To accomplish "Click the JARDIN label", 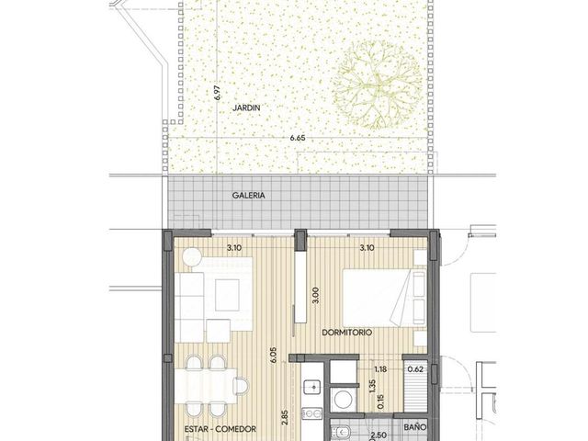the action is pos(246,108).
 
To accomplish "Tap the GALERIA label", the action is pos(248,196).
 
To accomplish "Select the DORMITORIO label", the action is pos(347,333).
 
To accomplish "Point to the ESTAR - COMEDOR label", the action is pos(220,429).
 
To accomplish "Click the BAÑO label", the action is pos(415,427).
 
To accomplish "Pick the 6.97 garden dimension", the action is pos(219,93).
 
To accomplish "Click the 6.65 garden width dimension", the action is pos(298,138).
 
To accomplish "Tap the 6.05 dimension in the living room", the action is pos(273,355).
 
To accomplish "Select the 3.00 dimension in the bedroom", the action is pos(315,295).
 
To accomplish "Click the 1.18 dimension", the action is pos(380,369).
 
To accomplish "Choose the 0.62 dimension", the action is pos(415,369).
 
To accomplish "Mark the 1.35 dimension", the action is pos(372,386).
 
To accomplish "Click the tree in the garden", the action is pos(377,85).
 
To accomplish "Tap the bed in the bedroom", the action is pos(385,297).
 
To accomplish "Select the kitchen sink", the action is pos(311,388).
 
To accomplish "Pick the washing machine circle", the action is pos(343,400).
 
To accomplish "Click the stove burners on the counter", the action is pos(312,413).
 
